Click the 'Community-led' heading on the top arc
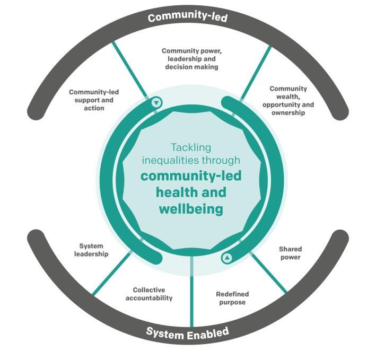click(x=188, y=17)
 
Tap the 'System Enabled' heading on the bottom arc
click(x=187, y=333)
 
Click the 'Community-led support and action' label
click(x=94, y=100)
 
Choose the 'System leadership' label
click(x=91, y=250)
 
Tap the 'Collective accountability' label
click(x=149, y=294)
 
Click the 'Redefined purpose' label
click(x=232, y=298)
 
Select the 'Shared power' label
click(x=290, y=253)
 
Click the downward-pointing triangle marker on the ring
click(x=156, y=102)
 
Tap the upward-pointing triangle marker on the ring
click(x=227, y=258)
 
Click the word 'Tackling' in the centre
click(x=190, y=147)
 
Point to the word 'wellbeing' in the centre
click(x=191, y=208)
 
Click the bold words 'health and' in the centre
click(x=191, y=192)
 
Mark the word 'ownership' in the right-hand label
click(x=287, y=112)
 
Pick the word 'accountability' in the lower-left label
click(x=149, y=298)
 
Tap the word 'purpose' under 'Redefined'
click(x=232, y=302)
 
